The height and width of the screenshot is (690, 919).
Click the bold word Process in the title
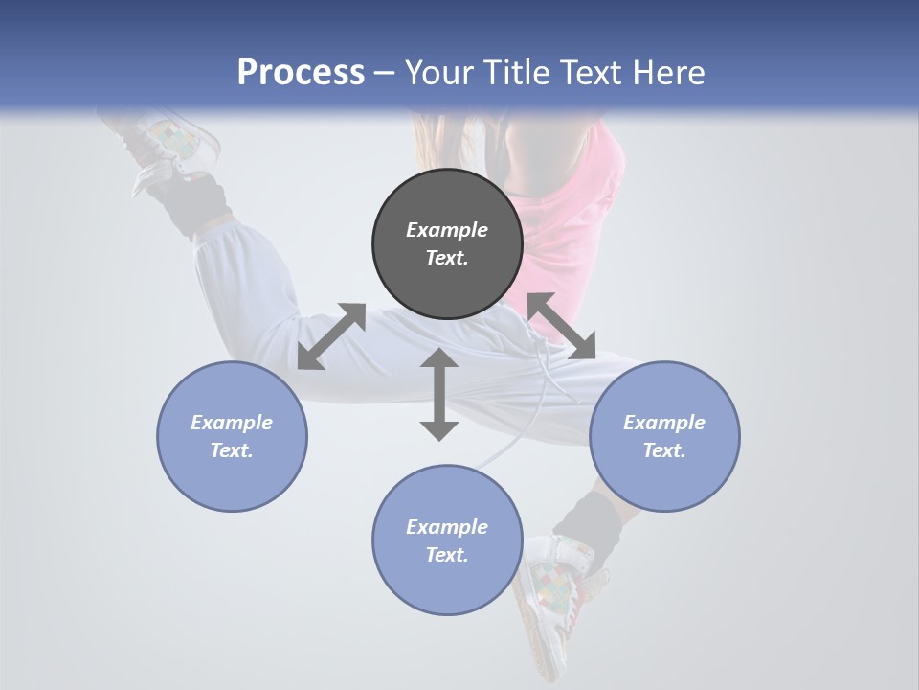point(301,72)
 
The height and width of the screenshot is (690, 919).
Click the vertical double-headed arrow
point(439,395)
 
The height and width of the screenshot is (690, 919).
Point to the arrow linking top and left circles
point(331,336)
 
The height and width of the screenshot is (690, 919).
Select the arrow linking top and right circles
point(561,326)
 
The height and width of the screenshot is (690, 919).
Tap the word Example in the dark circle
point(447,230)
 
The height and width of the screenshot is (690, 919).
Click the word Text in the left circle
point(232,450)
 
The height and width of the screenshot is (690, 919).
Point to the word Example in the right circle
point(664,423)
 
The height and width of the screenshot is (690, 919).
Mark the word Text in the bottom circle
point(447,555)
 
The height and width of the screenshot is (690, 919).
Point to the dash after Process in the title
point(384,73)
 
